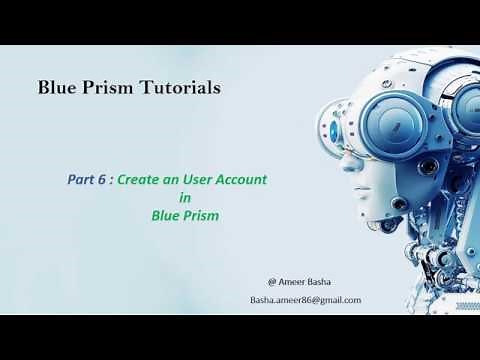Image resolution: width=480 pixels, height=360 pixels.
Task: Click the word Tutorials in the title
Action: point(179,87)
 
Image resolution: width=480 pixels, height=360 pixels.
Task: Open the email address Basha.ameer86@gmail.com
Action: point(305,300)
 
